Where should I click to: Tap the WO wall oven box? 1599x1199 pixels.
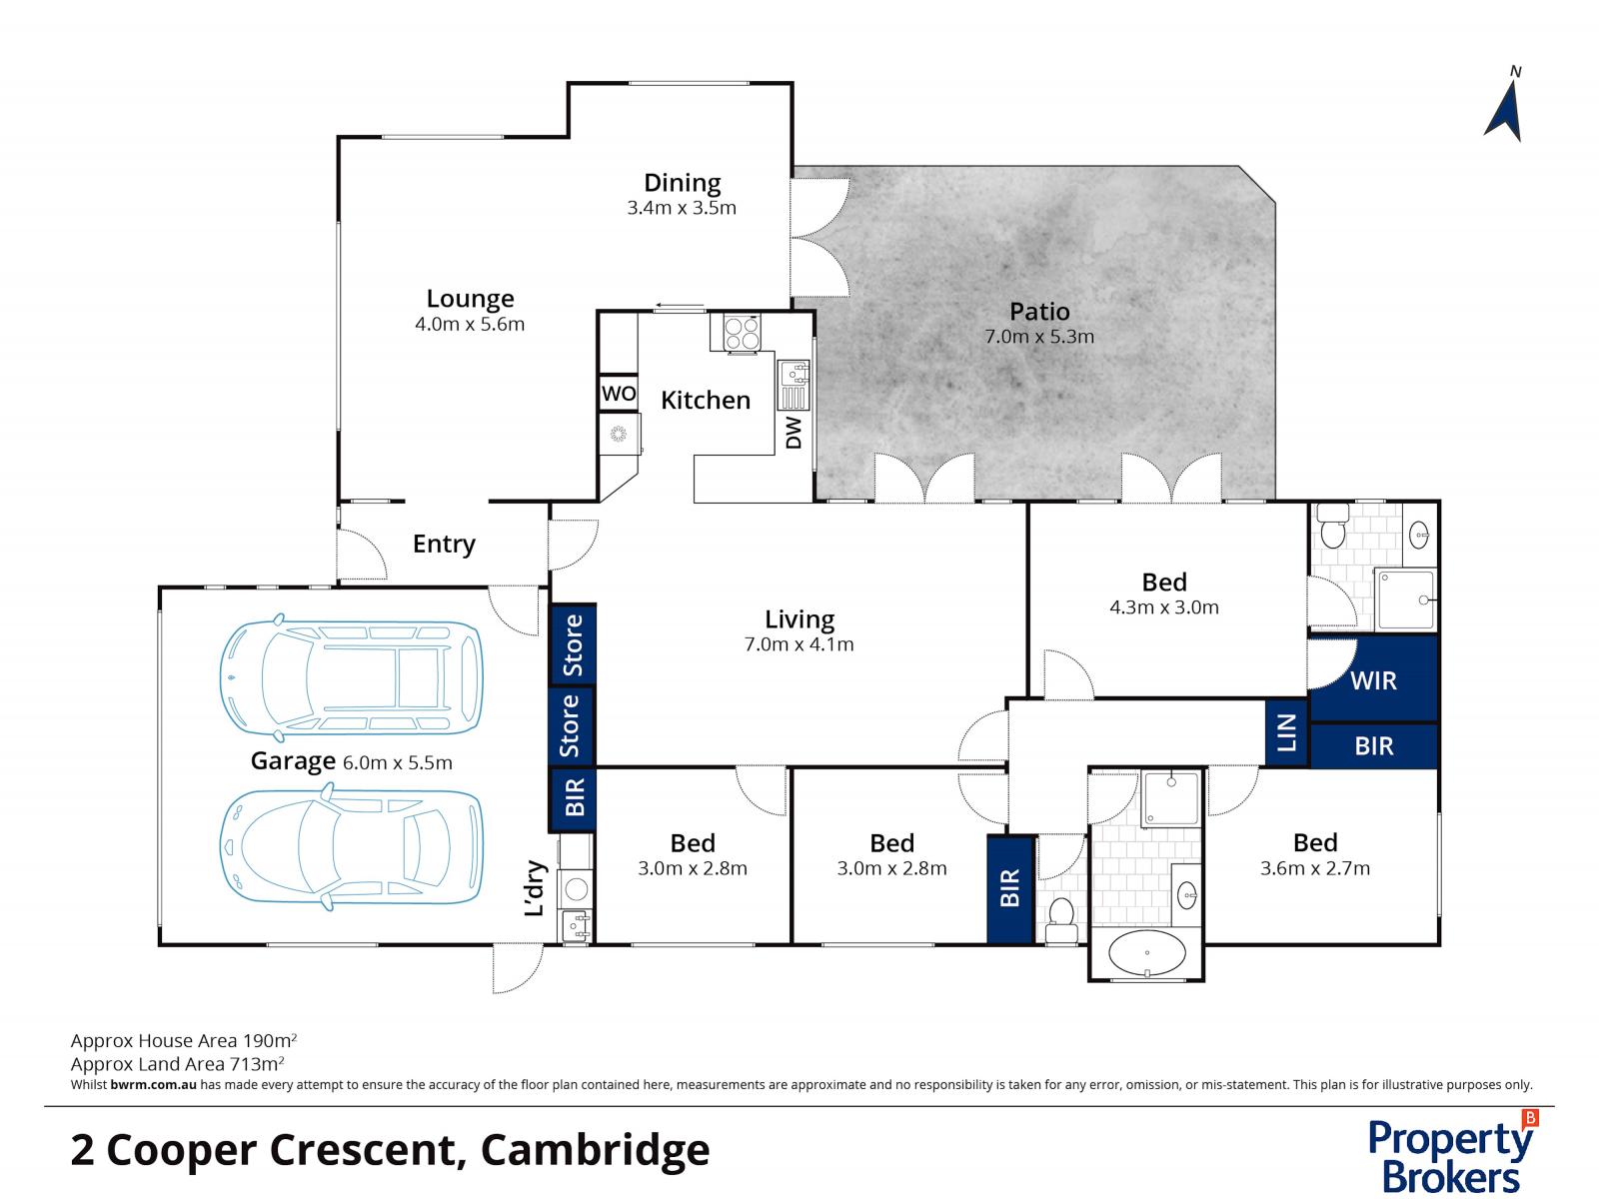point(619,394)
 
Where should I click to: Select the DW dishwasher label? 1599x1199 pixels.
point(794,433)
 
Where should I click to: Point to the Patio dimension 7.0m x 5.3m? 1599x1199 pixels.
point(1039,337)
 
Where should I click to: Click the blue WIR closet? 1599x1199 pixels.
point(1373,680)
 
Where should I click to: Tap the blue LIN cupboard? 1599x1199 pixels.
point(1286,732)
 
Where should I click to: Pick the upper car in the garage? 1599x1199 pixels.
point(351,677)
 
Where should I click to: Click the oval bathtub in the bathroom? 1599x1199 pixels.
point(1147,954)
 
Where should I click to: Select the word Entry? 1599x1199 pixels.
point(444,544)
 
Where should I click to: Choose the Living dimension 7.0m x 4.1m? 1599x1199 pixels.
point(799,644)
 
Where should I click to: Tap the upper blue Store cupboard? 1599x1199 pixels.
point(573,644)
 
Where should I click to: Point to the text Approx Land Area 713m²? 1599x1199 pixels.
point(178,1064)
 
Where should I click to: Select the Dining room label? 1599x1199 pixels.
point(682,183)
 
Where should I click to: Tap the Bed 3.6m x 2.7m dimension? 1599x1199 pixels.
point(1314,868)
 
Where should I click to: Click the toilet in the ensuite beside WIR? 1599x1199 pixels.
point(1332,530)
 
